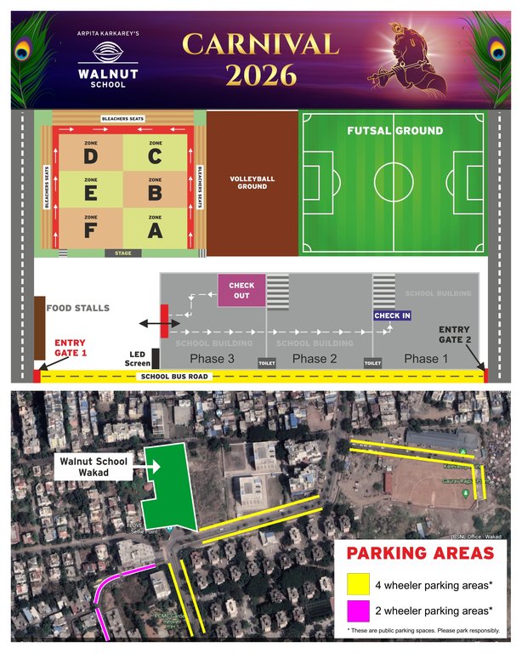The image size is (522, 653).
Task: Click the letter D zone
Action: tap(91, 154)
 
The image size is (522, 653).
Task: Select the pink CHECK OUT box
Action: tap(241, 289)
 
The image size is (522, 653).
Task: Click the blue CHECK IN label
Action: tap(392, 315)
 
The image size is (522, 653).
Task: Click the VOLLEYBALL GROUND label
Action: tap(252, 182)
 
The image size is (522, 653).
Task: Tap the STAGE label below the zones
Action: tap(122, 253)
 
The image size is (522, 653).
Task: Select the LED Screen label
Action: tap(139, 357)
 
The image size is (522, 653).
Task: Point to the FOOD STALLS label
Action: tap(78, 308)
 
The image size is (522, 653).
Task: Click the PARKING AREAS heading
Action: tap(420, 554)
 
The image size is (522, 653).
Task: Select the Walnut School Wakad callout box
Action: tap(92, 467)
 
